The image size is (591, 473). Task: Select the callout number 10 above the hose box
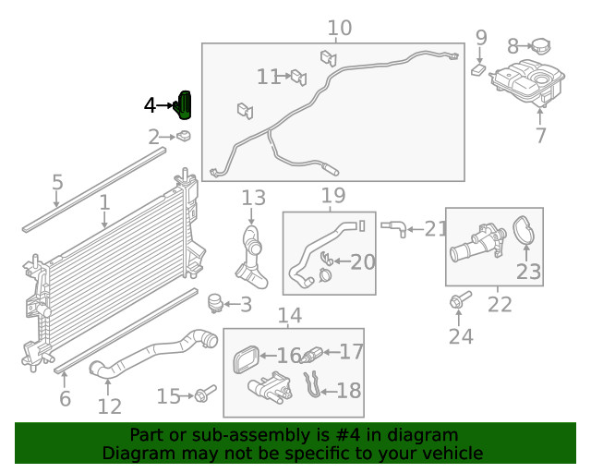click(339, 28)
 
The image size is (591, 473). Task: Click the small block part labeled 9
click(478, 68)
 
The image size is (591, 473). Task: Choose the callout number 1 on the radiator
click(104, 201)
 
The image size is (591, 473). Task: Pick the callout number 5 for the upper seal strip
click(57, 182)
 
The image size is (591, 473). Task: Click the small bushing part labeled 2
click(184, 137)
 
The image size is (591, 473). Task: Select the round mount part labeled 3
click(215, 302)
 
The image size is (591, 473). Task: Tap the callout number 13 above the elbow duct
click(253, 197)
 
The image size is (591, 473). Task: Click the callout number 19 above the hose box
click(332, 195)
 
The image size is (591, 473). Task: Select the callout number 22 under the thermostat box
click(500, 304)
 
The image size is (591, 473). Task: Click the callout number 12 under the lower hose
click(109, 406)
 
